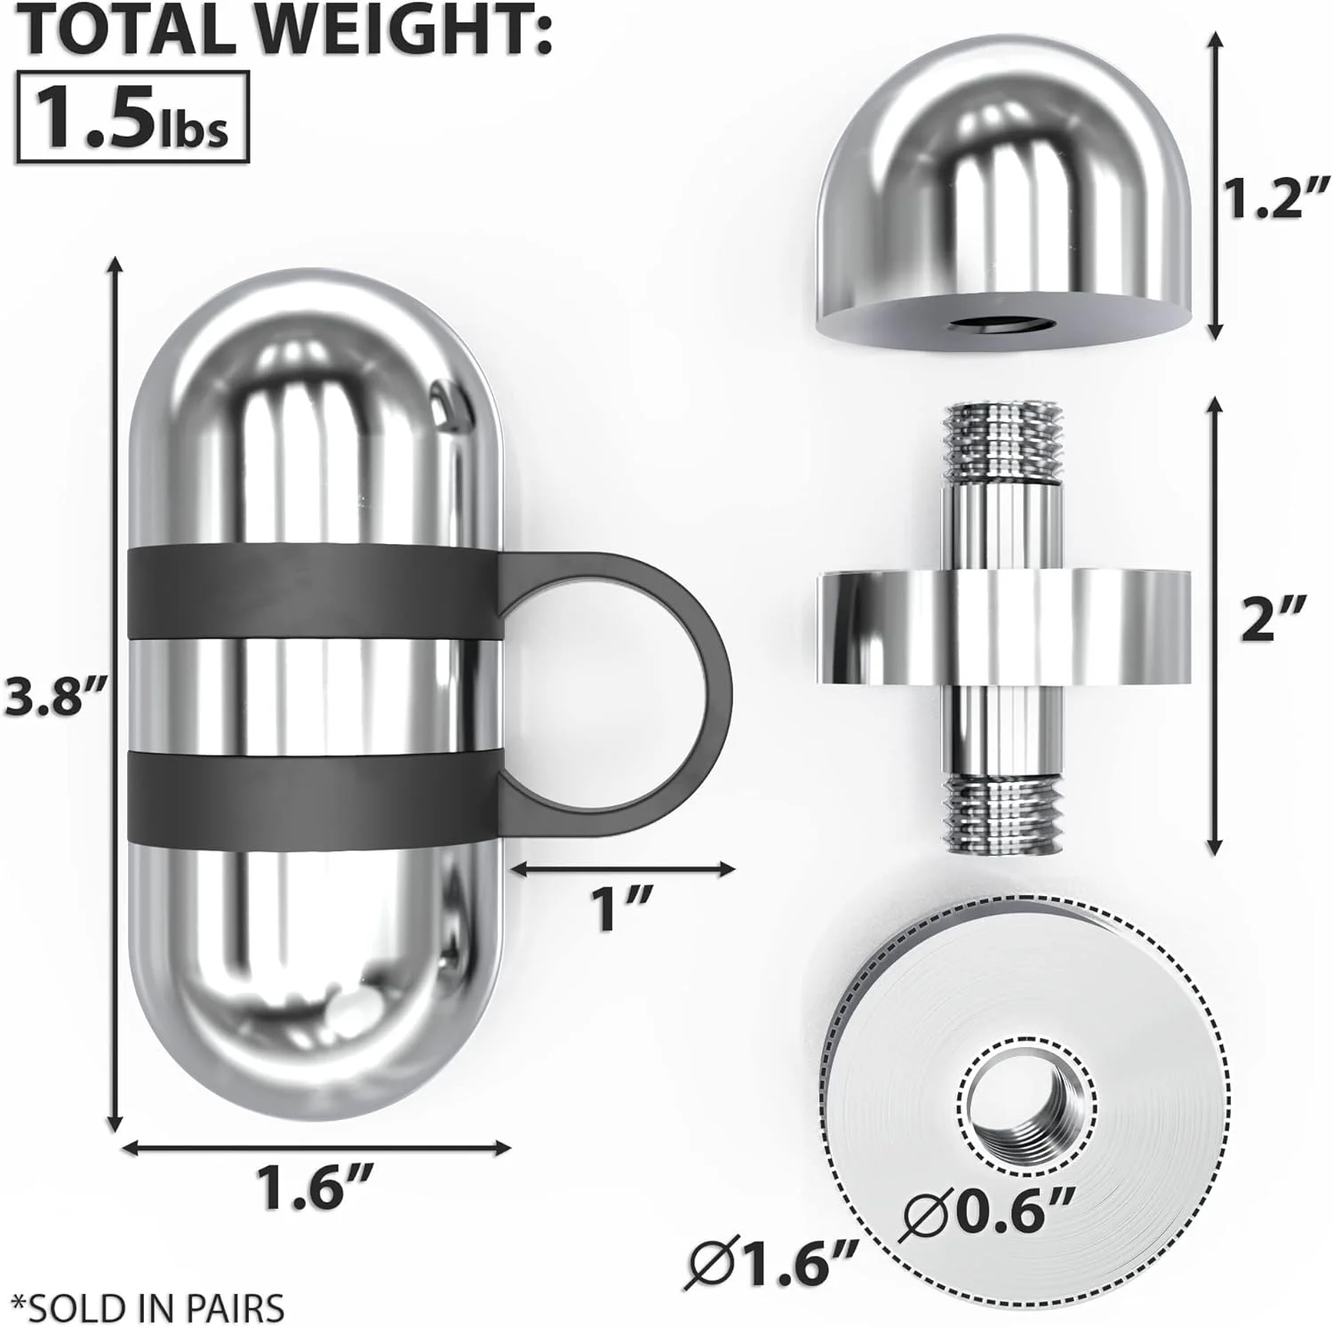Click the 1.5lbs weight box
click(x=134, y=119)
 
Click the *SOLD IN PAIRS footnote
click(x=143, y=1307)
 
